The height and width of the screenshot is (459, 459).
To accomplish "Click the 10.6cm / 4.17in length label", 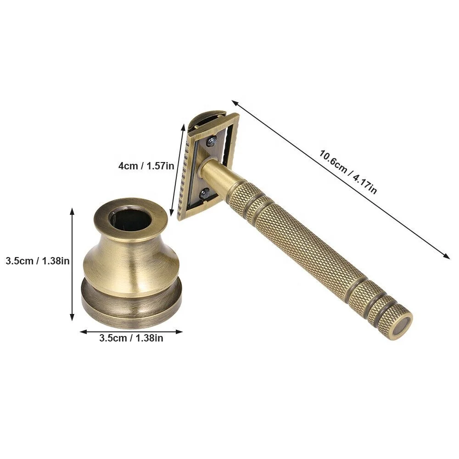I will pyautogui.click(x=348, y=172).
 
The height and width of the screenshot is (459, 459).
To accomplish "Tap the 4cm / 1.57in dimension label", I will pyautogui.click(x=146, y=166).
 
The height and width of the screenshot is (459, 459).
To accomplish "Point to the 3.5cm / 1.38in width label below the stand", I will pyautogui.click(x=131, y=339).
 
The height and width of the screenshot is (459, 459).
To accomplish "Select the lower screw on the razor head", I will pyautogui.click(x=205, y=193).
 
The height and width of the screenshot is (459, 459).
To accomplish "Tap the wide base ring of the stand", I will pyautogui.click(x=132, y=303).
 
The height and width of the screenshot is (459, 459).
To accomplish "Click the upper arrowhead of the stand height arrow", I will pyautogui.click(x=72, y=210).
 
